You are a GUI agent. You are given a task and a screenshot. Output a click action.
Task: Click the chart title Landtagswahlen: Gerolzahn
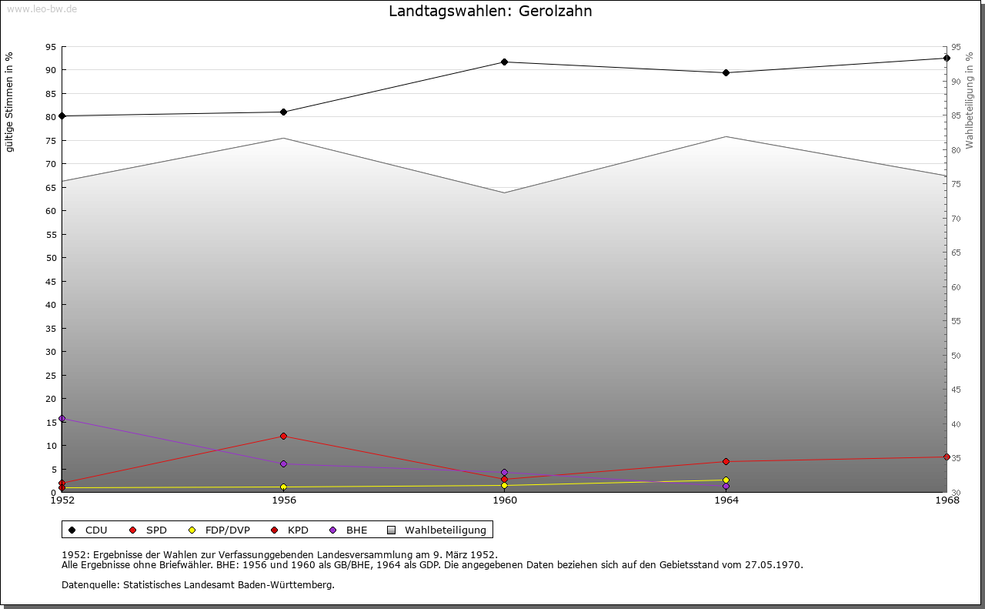[490, 12]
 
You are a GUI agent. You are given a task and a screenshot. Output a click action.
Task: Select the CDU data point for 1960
[504, 62]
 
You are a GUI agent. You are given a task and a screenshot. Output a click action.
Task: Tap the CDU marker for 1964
[726, 73]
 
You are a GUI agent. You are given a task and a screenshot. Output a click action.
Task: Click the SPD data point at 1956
[283, 437]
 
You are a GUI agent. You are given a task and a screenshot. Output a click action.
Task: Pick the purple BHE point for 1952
[62, 419]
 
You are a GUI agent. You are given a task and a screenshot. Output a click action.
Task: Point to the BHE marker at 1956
[283, 463]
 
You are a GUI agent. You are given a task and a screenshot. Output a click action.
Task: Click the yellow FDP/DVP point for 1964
[726, 480]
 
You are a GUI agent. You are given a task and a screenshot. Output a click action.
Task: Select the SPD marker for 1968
[947, 457]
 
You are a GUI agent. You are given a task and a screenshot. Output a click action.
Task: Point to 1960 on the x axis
[504, 500]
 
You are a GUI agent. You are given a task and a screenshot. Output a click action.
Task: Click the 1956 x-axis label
[283, 500]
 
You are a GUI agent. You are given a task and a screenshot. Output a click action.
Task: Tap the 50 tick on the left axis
[50, 258]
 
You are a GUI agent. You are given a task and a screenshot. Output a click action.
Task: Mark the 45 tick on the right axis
[957, 390]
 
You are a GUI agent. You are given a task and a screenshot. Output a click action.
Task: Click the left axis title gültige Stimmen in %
[10, 102]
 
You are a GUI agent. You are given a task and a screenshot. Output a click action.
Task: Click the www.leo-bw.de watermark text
[42, 8]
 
